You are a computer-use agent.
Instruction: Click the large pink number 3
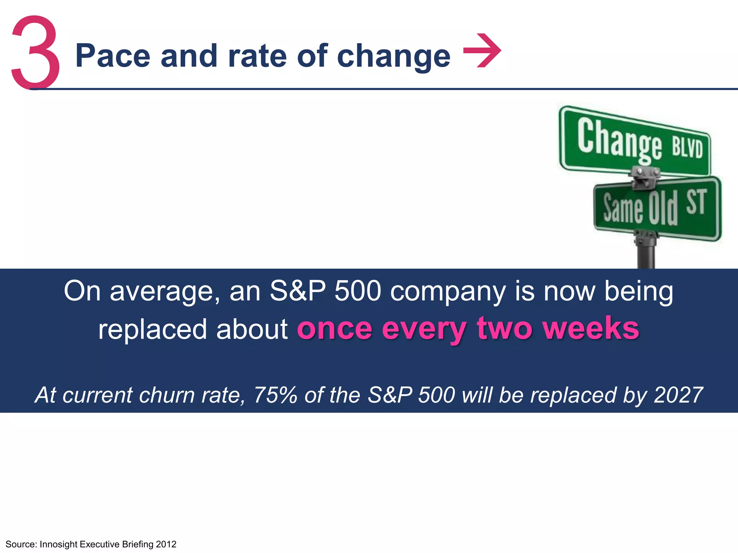click(x=35, y=52)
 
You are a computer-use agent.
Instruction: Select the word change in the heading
click(x=394, y=57)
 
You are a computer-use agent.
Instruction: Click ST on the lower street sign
click(x=695, y=202)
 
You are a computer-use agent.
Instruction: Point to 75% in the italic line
click(x=275, y=395)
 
